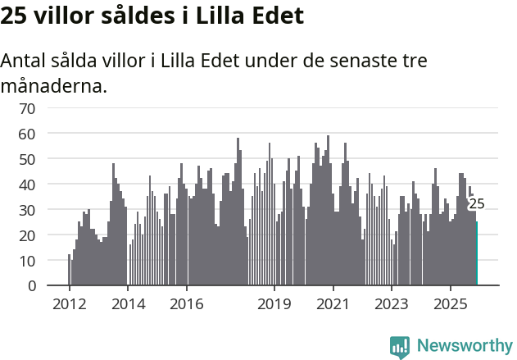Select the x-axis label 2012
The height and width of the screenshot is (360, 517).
click(x=69, y=304)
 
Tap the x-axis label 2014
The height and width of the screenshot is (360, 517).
click(x=128, y=304)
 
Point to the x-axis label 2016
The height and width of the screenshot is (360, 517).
click(x=187, y=304)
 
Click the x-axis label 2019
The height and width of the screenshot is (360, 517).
click(x=274, y=304)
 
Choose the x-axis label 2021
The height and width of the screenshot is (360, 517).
click(x=333, y=304)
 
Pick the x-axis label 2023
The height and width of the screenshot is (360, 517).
click(x=392, y=304)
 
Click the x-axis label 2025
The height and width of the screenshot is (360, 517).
click(x=451, y=304)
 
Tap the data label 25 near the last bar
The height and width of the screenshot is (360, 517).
click(x=476, y=204)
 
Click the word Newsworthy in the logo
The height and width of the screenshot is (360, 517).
click(x=464, y=346)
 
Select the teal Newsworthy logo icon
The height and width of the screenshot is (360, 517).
click(x=400, y=346)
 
